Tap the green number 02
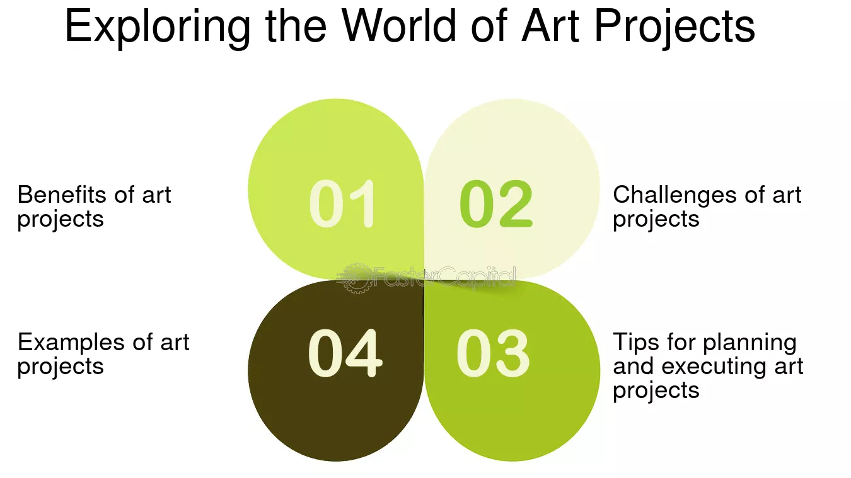495,203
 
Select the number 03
493,354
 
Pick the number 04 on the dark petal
345,353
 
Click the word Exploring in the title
158,27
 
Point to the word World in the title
398,25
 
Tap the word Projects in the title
674,27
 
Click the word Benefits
62,195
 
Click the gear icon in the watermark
354,278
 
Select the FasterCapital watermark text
444,276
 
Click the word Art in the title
550,25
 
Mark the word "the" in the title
296,25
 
